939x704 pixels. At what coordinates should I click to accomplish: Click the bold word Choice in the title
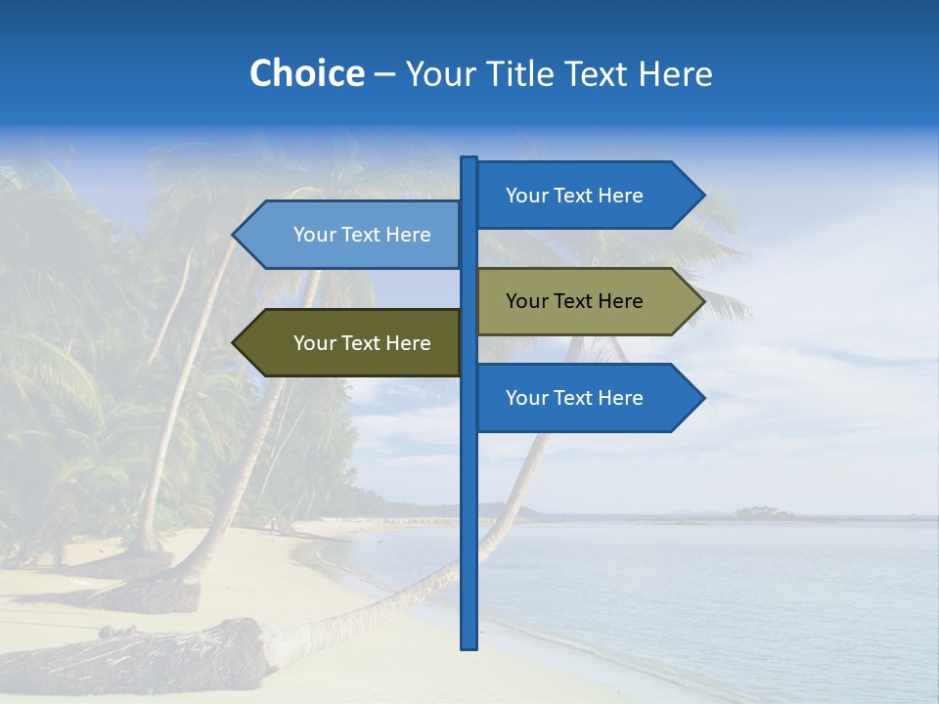pos(306,74)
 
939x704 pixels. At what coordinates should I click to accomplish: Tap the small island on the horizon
pos(765,512)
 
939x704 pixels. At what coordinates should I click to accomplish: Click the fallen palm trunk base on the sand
pos(235,650)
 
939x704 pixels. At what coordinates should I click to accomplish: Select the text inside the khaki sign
pos(574,301)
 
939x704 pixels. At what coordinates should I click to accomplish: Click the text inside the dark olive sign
pos(362,343)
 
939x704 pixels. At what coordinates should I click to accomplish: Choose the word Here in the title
pos(675,74)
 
